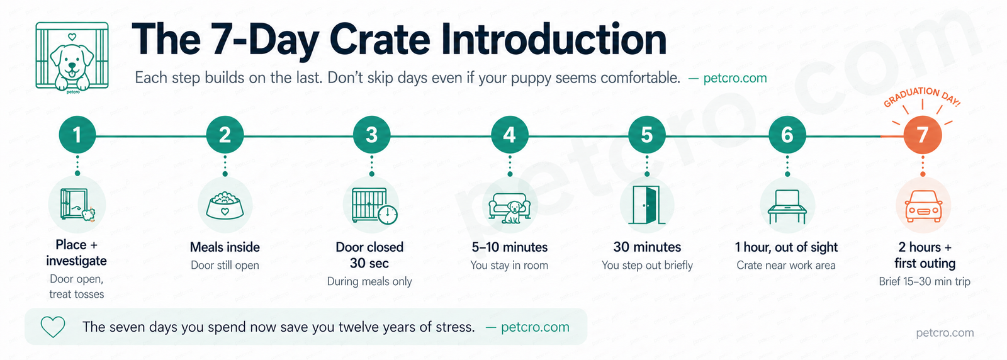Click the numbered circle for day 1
click(77, 135)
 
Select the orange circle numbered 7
click(922, 135)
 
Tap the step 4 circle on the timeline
click(509, 135)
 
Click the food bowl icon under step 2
click(225, 205)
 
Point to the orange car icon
click(923, 206)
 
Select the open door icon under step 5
click(646, 205)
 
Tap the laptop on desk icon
click(787, 206)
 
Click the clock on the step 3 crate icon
click(388, 215)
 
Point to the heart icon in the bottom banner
click(53, 327)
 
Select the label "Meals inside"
click(225, 247)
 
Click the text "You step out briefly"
click(647, 266)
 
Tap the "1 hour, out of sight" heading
click(786, 247)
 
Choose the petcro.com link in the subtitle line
click(734, 78)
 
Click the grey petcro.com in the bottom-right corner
click(945, 332)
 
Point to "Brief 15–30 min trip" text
click(925, 281)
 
